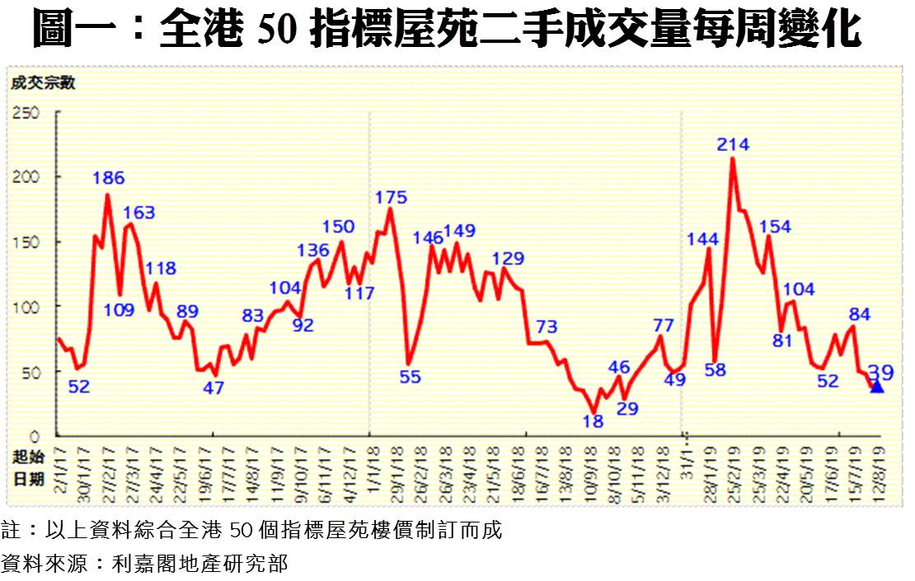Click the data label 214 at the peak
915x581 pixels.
(x=733, y=145)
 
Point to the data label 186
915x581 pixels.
(x=108, y=177)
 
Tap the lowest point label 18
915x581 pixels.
(x=593, y=420)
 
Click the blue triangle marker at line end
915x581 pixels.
(x=876, y=387)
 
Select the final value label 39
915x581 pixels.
(x=880, y=372)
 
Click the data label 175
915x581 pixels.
(x=391, y=198)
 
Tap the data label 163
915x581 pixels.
(x=138, y=213)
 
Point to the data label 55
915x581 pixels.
(x=410, y=377)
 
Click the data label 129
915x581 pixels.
(x=508, y=258)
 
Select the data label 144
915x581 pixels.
(x=702, y=240)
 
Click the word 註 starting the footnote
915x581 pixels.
(x=12, y=530)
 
